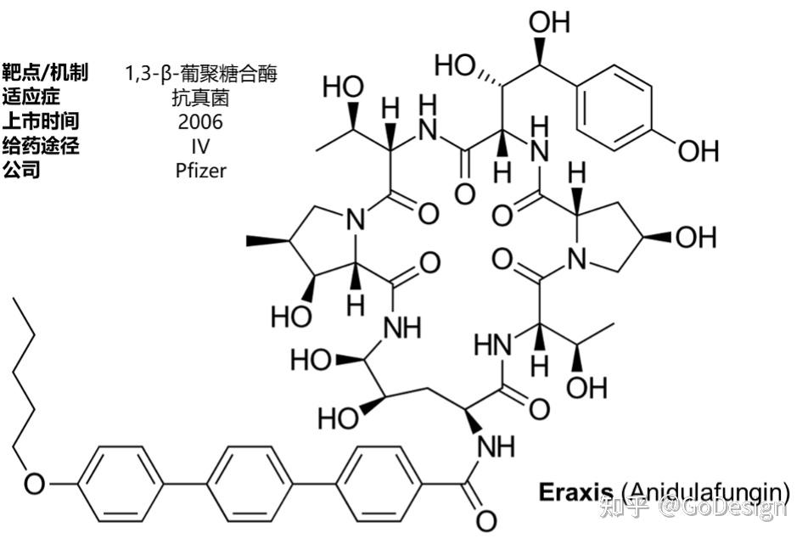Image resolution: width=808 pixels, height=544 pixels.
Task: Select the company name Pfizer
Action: pos(201,170)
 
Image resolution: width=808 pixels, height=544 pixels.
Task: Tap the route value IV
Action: pos(200,146)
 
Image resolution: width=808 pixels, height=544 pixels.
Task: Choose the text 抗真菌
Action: pos(200,98)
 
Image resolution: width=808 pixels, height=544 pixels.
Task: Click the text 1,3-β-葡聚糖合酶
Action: pos(201,74)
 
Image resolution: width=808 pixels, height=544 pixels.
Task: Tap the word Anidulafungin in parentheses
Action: pos(705,491)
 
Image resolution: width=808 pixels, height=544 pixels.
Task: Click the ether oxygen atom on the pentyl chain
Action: pos(35,484)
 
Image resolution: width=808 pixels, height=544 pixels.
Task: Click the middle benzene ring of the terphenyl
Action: pos(249,484)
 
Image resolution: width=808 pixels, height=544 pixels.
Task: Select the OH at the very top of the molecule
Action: pos(549,21)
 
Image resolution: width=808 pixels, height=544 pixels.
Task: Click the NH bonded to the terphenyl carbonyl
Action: pos(495,444)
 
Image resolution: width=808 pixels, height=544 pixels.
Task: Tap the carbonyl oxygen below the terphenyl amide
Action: pos(485,519)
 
